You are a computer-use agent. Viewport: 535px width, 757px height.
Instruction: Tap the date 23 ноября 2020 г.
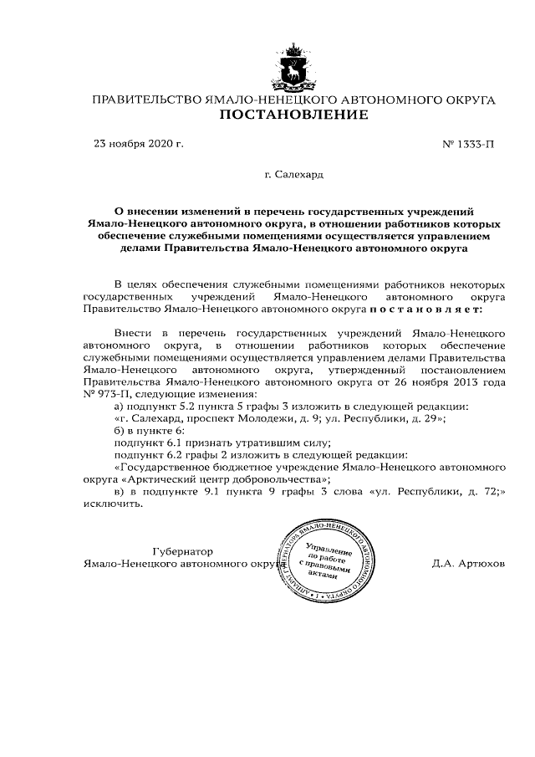(138, 144)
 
